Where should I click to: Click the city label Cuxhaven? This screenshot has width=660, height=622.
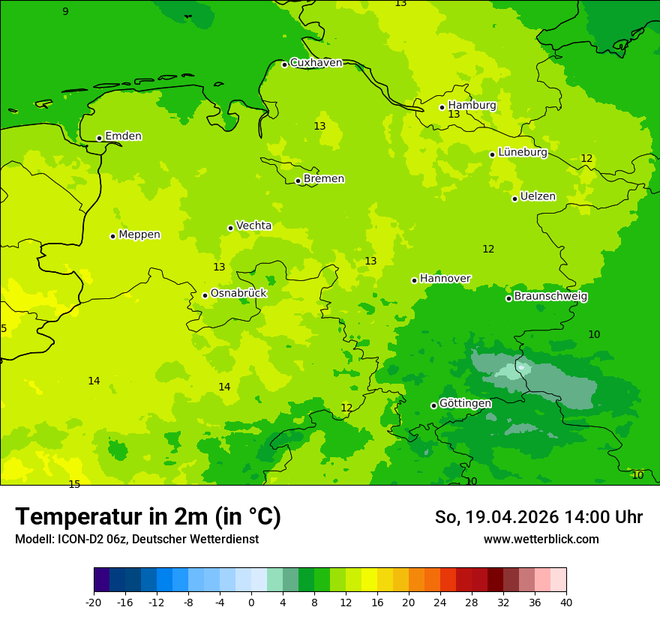pyautogui.click(x=316, y=63)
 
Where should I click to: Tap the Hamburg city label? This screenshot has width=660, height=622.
pyautogui.click(x=472, y=106)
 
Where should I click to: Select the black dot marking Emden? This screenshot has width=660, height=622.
pyautogui.click(x=99, y=138)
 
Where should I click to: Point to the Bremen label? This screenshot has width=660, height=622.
pyautogui.click(x=323, y=179)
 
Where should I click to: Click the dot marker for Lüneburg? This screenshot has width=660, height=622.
pyautogui.click(x=492, y=154)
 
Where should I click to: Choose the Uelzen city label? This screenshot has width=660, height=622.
pyautogui.click(x=538, y=197)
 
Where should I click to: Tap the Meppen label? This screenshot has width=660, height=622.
pyautogui.click(x=139, y=235)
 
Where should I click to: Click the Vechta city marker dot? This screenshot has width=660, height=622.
pyautogui.click(x=230, y=228)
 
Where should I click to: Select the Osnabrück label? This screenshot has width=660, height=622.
pyautogui.click(x=238, y=294)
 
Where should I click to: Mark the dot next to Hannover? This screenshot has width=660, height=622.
pyautogui.click(x=414, y=280)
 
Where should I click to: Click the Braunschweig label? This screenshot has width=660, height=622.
pyautogui.click(x=550, y=297)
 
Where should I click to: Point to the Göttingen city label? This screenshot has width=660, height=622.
pyautogui.click(x=465, y=404)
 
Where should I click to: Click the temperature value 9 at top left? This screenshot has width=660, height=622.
pyautogui.click(x=65, y=11)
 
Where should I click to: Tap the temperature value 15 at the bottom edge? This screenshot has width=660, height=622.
pyautogui.click(x=74, y=484)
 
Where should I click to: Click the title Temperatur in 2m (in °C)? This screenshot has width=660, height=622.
pyautogui.click(x=148, y=517)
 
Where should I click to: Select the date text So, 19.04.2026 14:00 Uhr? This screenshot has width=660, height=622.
pyautogui.click(x=538, y=517)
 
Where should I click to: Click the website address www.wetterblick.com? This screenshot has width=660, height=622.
pyautogui.click(x=541, y=540)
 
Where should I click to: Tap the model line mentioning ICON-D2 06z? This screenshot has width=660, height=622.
pyautogui.click(x=136, y=540)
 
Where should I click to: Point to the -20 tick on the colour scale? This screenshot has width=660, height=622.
pyautogui.click(x=94, y=602)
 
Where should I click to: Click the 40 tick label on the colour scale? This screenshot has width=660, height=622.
pyautogui.click(x=565, y=602)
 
